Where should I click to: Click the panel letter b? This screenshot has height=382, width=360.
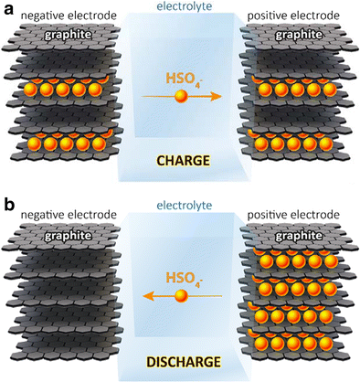click(x=7, y=200)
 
